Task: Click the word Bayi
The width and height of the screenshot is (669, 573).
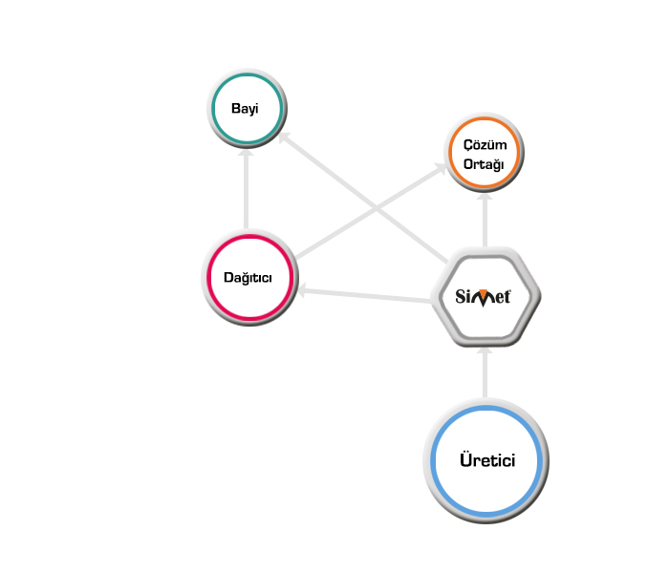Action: click(246, 108)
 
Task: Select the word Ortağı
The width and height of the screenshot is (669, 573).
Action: click(485, 163)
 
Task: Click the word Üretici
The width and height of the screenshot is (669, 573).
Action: click(486, 461)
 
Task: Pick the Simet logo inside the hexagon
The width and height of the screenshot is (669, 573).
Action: click(485, 296)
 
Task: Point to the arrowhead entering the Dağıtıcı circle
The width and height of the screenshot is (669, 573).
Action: click(300, 290)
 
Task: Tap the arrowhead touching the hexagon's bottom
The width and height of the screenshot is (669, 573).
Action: click(485, 351)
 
